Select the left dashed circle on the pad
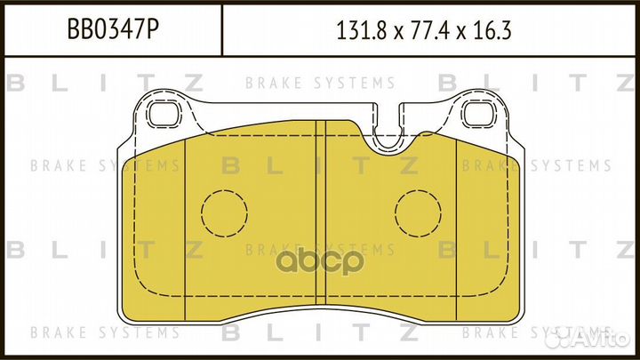[223, 214]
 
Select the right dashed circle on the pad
[418, 214]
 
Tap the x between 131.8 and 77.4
[395, 32]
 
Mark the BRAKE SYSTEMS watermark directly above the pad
[319, 84]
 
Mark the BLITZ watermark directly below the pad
[319, 333]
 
